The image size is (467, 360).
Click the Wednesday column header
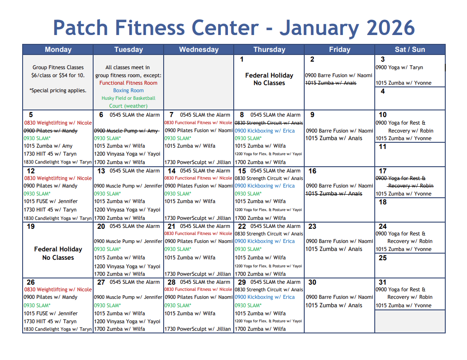pyautogui.click(x=199, y=49)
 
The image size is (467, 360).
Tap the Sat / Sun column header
pyautogui.click(x=410, y=49)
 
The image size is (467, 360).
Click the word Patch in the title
pyautogui.click(x=80, y=27)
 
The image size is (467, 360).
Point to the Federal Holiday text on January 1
pyautogui.click(x=269, y=75)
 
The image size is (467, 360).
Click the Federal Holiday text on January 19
pyautogui.click(x=58, y=249)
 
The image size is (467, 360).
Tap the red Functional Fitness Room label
pyautogui.click(x=128, y=83)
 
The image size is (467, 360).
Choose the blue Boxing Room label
pyautogui.click(x=128, y=90)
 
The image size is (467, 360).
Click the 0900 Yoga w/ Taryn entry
pyautogui.click(x=399, y=67)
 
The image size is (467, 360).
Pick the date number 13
pyautogui.click(x=101, y=171)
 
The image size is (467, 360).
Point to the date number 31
pyautogui.click(x=382, y=282)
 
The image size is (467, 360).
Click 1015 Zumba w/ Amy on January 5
pyautogui.click(x=48, y=146)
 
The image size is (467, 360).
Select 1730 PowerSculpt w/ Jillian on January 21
pyautogui.click(x=197, y=274)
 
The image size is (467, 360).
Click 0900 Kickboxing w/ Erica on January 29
pyautogui.click(x=264, y=297)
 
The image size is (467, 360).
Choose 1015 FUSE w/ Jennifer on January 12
pyautogui.click(x=51, y=201)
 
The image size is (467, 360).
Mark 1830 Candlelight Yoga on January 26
pyautogui.click(x=58, y=329)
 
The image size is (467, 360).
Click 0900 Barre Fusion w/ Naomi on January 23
pyautogui.click(x=339, y=241)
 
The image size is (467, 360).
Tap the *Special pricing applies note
pyautogui.click(x=58, y=90)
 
